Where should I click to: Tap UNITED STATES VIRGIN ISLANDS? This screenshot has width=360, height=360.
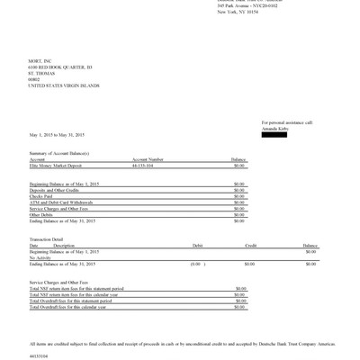coord(64,85)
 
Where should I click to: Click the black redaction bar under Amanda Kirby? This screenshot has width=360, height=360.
coord(278,134)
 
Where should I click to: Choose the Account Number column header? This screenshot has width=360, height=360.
coord(148,160)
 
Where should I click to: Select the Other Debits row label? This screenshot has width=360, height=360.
coord(41,215)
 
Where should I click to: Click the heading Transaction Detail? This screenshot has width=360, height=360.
coord(46,238)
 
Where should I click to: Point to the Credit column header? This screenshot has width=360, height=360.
coord(251,245)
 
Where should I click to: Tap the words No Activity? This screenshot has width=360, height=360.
coord(41,257)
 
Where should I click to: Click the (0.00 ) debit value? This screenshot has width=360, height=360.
coord(195,264)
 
